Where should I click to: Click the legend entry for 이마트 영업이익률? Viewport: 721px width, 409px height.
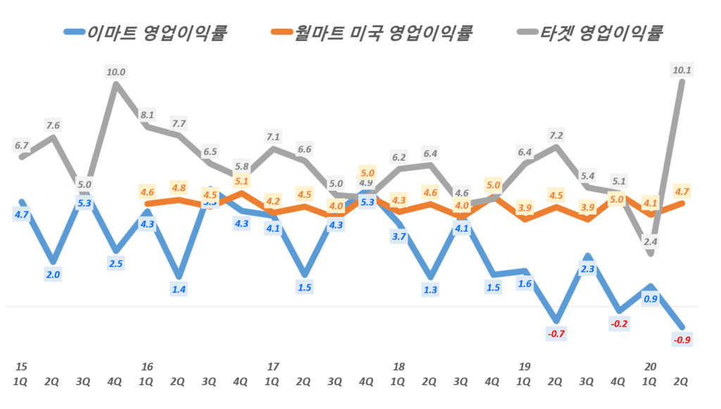click(146, 32)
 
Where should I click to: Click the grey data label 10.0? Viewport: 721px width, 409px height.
click(115, 71)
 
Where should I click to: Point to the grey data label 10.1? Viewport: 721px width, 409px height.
click(682, 69)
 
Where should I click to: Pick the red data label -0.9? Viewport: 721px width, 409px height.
click(682, 341)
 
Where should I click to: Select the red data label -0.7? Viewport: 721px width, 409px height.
click(556, 334)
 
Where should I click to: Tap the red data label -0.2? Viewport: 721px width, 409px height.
click(617, 324)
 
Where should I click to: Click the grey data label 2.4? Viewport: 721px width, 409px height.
click(651, 241)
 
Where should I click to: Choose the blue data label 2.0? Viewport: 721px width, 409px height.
click(53, 275)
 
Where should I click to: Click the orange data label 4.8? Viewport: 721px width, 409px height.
click(179, 188)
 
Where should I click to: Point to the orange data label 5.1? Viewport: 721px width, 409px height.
click(242, 181)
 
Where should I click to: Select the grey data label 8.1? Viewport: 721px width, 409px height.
click(147, 115)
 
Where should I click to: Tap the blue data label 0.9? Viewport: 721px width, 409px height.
click(651, 298)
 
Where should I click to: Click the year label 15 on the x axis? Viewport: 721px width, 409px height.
click(21, 367)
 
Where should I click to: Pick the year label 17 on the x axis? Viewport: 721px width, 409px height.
click(272, 367)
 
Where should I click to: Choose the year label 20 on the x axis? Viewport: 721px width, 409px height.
click(651, 367)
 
